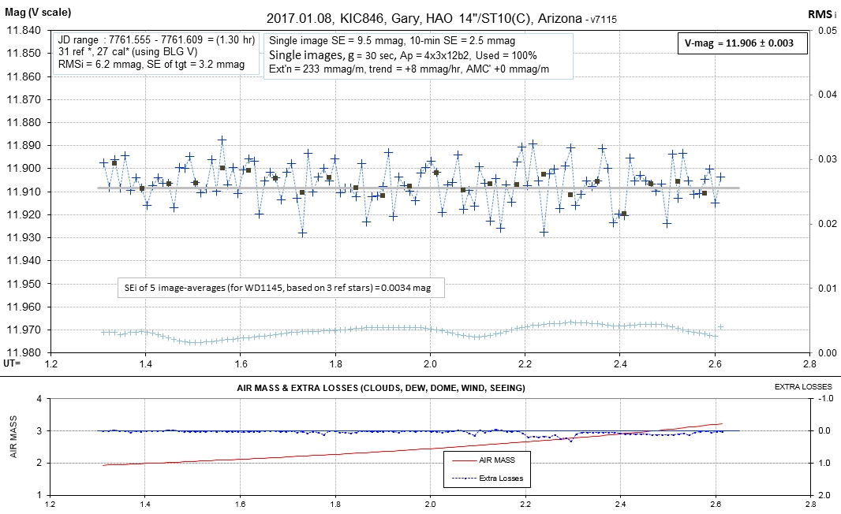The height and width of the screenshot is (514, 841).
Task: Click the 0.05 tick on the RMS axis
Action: click(825, 31)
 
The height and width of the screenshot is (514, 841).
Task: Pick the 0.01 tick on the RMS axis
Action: click(825, 289)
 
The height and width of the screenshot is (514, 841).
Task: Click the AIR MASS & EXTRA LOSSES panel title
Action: click(381, 389)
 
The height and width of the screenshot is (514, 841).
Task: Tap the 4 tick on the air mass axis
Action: click(39, 399)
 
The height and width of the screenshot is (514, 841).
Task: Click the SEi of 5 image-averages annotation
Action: click(280, 289)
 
